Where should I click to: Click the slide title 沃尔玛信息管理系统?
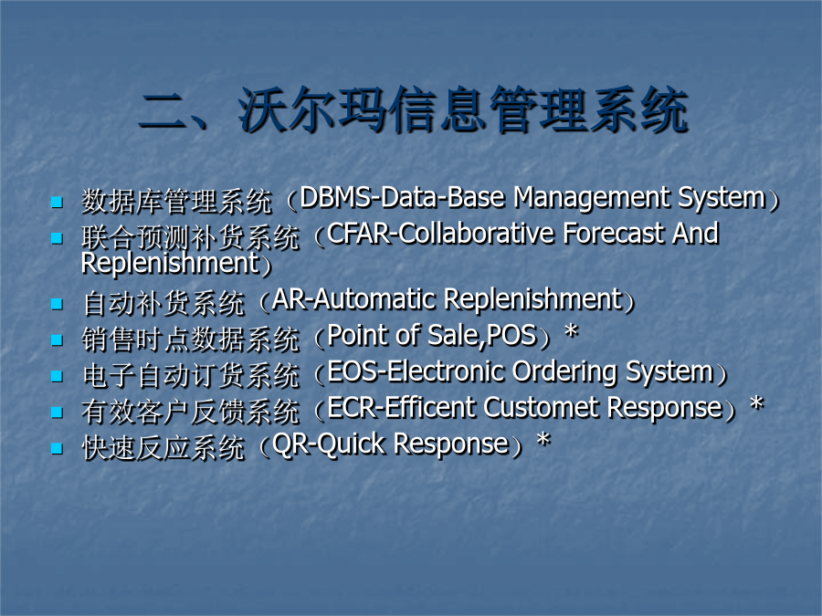(463, 110)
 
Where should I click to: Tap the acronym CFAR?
(359, 234)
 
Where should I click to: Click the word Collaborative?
(477, 234)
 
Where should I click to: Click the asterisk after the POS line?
(571, 331)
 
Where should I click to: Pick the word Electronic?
(446, 371)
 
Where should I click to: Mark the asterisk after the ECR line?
(756, 404)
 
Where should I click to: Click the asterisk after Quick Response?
(543, 440)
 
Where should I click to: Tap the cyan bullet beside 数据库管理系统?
(57, 203)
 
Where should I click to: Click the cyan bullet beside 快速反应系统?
(57, 448)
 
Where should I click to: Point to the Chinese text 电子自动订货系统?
(191, 376)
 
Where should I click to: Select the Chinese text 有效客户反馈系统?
(191, 412)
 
